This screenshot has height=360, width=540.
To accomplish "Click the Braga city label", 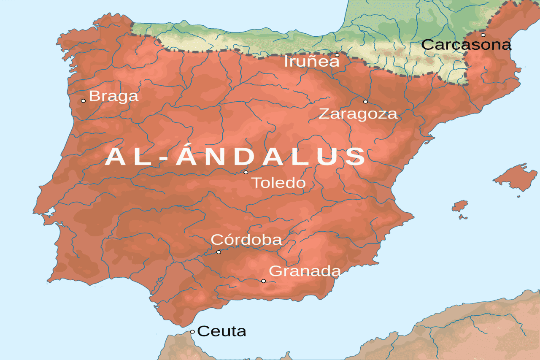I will (114, 96).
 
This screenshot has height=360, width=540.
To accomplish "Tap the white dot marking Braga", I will (83, 101).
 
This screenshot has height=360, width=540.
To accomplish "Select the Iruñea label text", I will (312, 62).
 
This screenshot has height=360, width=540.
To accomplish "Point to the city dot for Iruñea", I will (337, 55).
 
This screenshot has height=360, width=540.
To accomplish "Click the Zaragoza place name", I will (358, 114).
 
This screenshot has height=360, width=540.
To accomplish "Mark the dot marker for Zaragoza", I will (365, 101).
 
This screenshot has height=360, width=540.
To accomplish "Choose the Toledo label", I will (278, 183).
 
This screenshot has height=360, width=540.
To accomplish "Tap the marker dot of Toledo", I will (246, 172).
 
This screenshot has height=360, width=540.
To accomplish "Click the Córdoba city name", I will (246, 240).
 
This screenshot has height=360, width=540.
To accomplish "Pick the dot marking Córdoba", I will (219, 252).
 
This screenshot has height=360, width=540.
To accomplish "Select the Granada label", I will (305, 271).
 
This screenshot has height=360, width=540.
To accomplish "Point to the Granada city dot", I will (263, 281).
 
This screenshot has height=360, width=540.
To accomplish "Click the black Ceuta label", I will (221, 331).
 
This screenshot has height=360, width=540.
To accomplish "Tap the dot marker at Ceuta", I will (192, 332).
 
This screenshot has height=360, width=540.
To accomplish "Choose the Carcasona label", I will (466, 45).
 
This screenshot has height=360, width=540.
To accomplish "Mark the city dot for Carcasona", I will (483, 35).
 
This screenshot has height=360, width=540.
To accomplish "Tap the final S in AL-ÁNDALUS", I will (355, 157).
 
